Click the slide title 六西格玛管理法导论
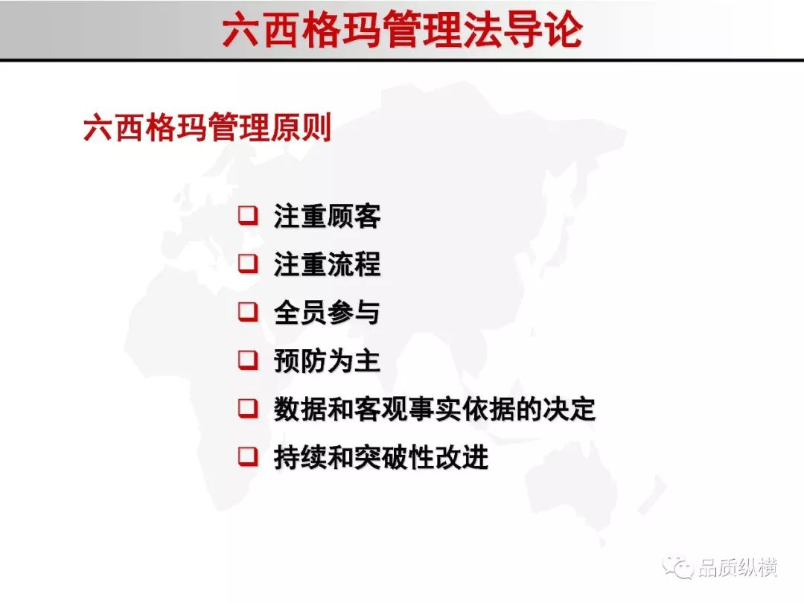click(x=403, y=30)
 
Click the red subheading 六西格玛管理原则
click(x=207, y=127)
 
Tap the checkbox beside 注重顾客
click(x=248, y=215)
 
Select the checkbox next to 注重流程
click(x=248, y=264)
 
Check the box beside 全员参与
click(x=248, y=312)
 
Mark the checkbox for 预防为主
click(x=248, y=360)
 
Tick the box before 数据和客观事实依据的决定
click(x=248, y=409)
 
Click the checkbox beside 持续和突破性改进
click(x=248, y=456)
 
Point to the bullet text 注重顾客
click(x=327, y=216)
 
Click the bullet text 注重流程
click(x=327, y=264)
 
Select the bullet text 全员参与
click(x=327, y=312)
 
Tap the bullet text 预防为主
click(x=327, y=360)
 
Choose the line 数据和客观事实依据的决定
click(x=435, y=409)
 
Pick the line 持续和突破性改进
click(x=381, y=457)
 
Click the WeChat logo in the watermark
click(x=677, y=567)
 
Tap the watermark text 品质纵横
click(x=737, y=567)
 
